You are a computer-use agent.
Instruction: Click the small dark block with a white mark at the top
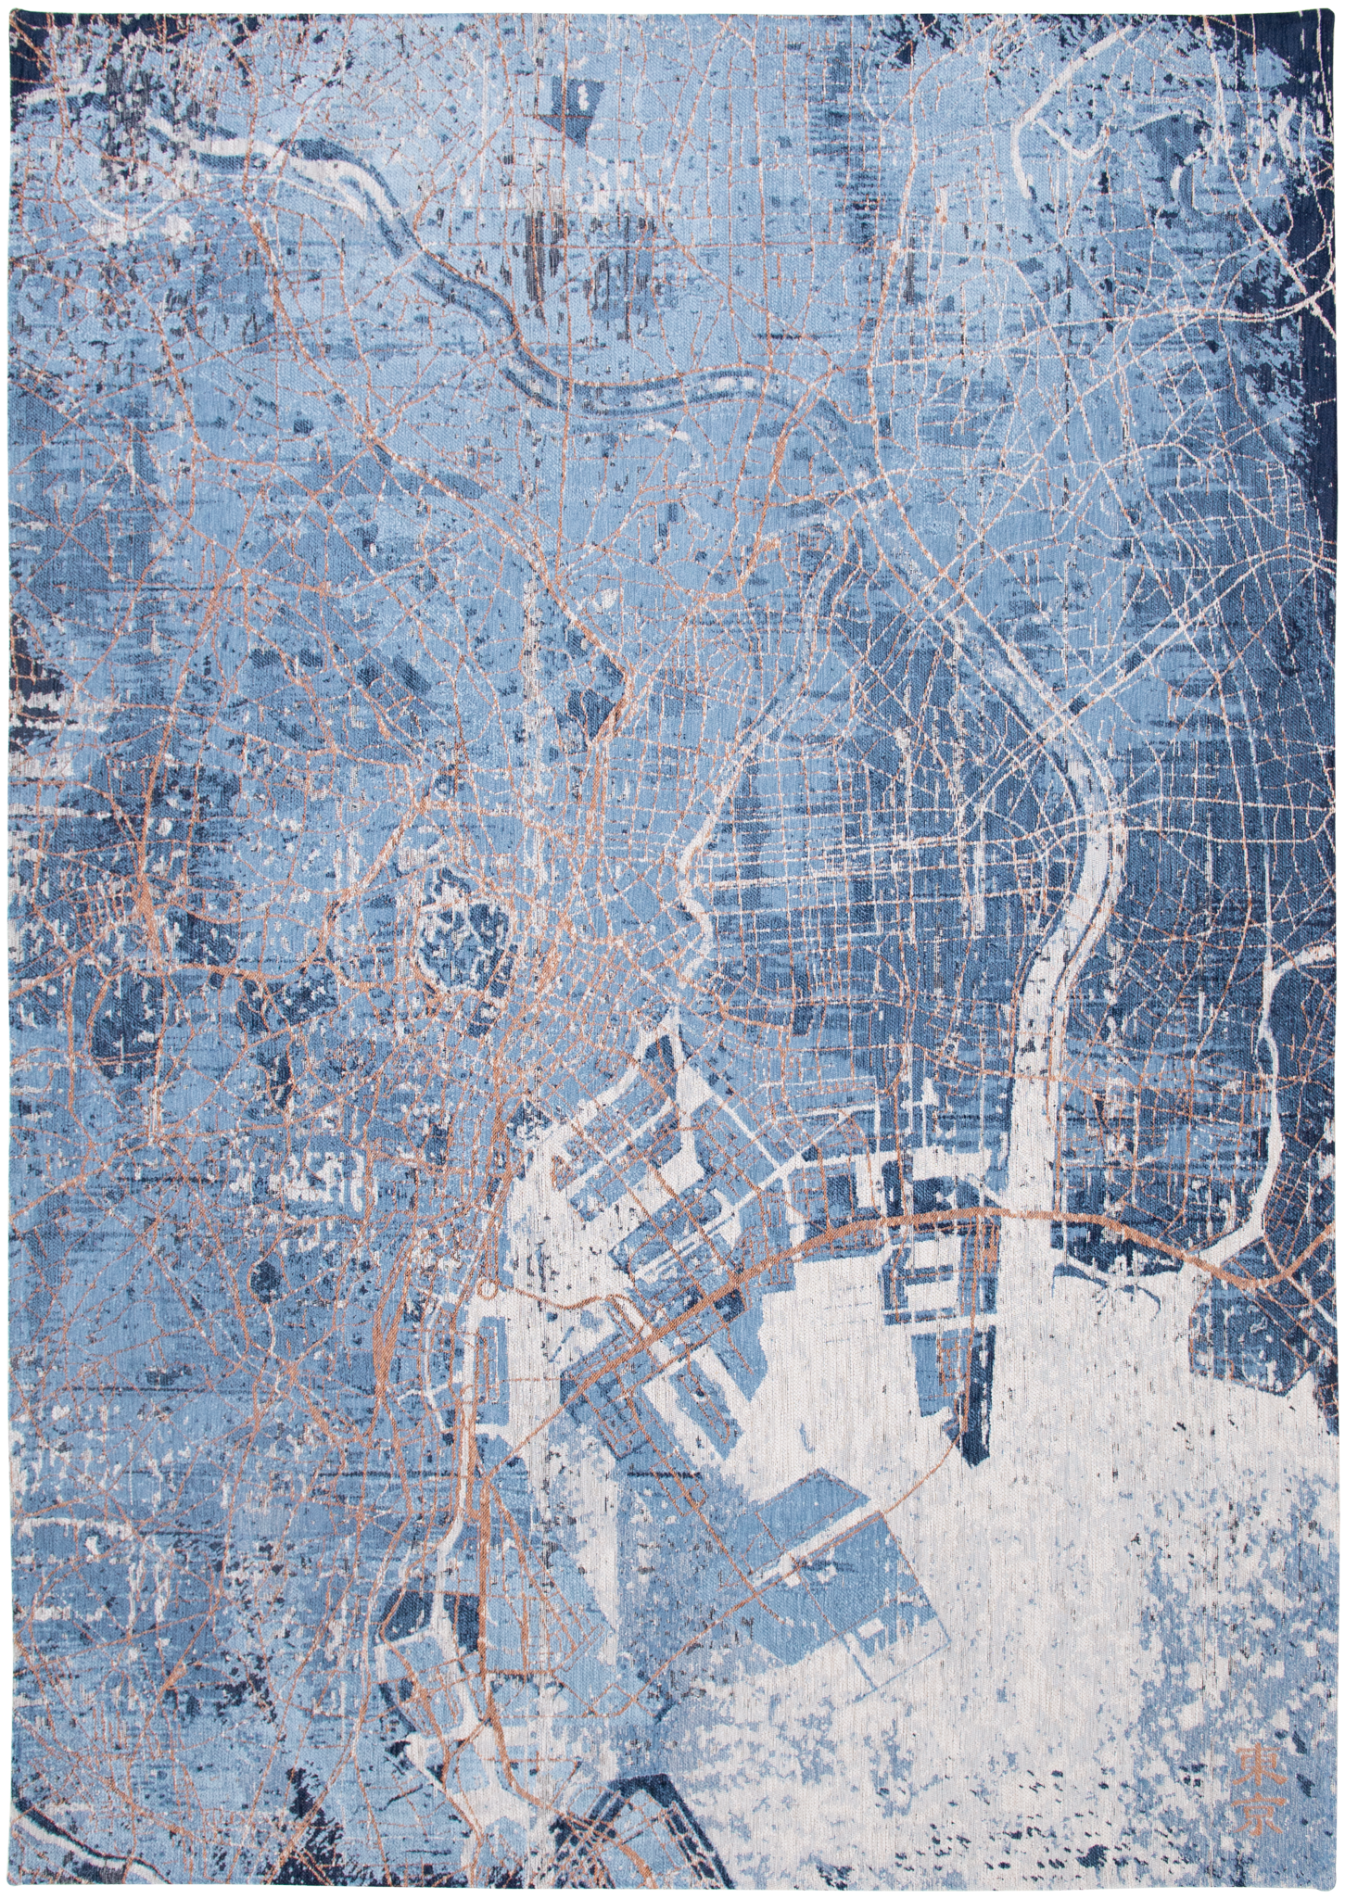pyautogui.click(x=576, y=99)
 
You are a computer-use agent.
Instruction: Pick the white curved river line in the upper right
pyautogui.click(x=1029, y=167)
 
